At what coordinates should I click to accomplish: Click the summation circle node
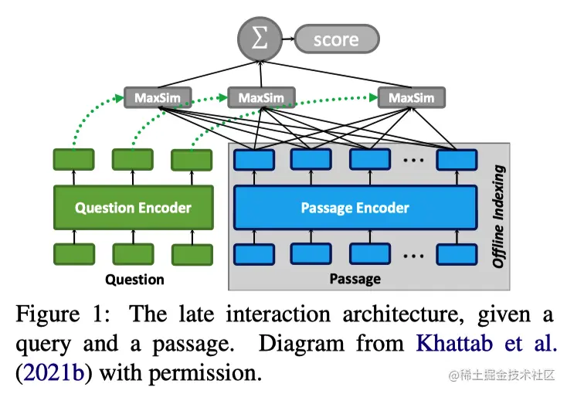260,38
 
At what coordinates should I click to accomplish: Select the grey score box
336,39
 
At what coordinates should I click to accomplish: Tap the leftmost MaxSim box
158,98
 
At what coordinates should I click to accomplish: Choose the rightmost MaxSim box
412,98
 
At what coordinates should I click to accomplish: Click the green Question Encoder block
133,207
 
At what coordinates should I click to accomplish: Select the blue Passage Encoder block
355,207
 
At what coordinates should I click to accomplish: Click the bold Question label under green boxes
134,279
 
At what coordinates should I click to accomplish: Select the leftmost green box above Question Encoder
73,160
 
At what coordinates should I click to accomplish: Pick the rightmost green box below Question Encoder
192,254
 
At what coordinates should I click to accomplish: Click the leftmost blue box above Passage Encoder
254,159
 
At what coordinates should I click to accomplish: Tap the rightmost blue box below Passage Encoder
457,254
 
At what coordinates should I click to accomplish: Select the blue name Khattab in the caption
460,344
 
